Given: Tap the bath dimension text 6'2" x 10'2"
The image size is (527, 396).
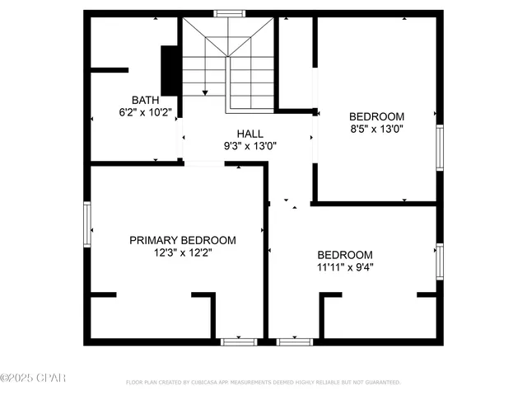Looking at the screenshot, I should pos(144,112).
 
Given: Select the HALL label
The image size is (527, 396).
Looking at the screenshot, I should pos(250,134).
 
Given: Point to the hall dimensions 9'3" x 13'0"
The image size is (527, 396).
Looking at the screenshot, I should pos(250,146).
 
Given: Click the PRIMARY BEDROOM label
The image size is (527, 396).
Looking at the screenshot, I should pos(182,240).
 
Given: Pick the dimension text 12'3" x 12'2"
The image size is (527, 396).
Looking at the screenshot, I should pos(182,253).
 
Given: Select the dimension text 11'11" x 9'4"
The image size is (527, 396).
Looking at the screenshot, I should pos(345,267).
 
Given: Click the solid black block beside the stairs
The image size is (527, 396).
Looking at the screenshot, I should pos(170,71).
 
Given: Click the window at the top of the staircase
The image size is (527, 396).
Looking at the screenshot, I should pos(228,13).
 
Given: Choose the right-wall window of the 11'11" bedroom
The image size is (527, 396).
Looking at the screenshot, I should pos(440,261).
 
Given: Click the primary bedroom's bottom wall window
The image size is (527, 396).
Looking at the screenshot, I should pos(240,341).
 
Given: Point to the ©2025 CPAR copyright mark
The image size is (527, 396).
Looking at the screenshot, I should pos(33,379).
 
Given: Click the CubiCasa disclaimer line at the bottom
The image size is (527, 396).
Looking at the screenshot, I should pos(263,383).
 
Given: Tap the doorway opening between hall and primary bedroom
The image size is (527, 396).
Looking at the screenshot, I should pos(204,163).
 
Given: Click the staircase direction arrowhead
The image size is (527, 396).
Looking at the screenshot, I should pos(204,92).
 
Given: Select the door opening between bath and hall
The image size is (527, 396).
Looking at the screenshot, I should pos(181,137).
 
